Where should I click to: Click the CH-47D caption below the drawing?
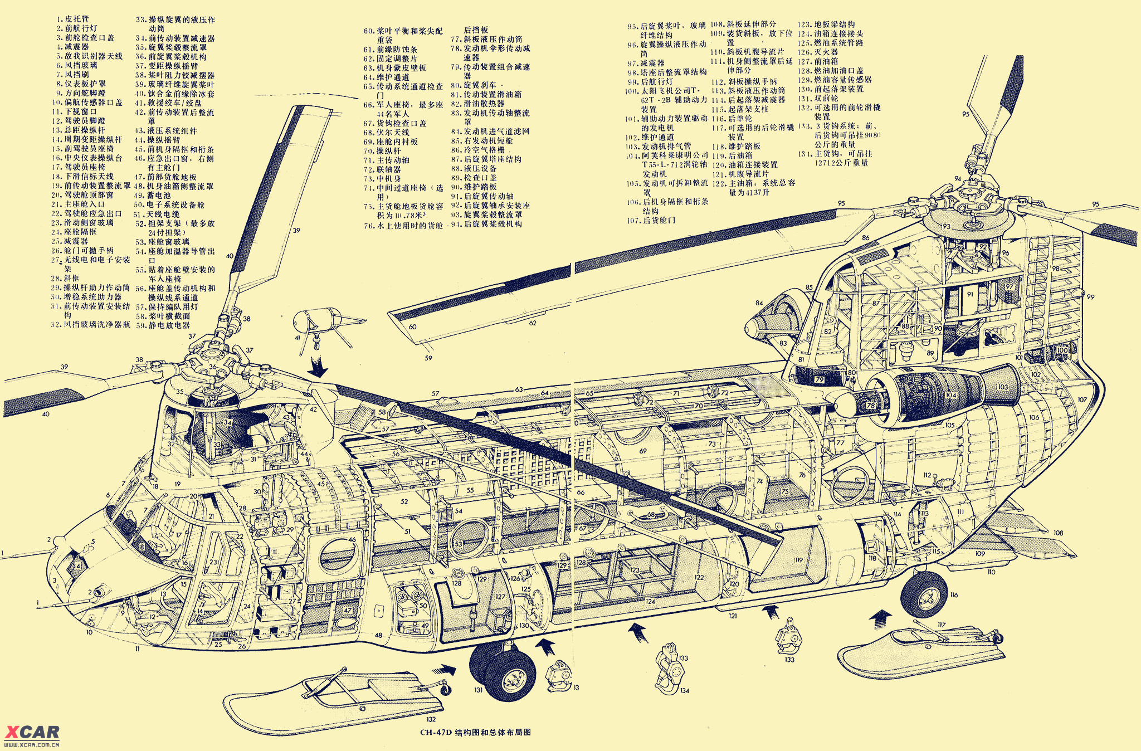[x=475, y=732]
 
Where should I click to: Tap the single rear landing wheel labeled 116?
[x=924, y=594]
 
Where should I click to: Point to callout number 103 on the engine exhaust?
[x=1003, y=387]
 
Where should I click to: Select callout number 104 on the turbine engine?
[x=950, y=395]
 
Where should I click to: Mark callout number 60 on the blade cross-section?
[x=412, y=327]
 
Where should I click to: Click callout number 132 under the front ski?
[x=431, y=719]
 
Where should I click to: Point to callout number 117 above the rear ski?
[x=942, y=625]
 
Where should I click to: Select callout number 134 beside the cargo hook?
[x=685, y=691]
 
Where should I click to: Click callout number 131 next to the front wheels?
[x=478, y=690]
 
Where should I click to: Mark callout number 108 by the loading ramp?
[x=1058, y=533]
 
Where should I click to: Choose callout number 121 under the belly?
[x=733, y=616]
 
